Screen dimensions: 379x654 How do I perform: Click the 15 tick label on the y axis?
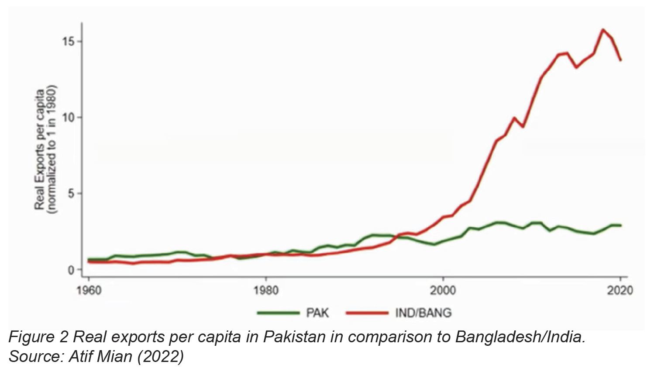coord(69,42)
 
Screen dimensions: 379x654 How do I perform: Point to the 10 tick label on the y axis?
coord(69,118)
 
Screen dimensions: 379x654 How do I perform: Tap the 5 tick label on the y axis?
coord(72,194)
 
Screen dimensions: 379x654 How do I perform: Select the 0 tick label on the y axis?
coord(72,270)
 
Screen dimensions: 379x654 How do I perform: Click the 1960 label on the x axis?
coord(89,291)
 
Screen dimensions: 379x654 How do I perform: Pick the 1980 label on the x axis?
coord(266,291)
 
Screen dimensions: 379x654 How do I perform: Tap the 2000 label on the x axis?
coord(443,291)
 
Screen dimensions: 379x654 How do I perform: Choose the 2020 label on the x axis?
coord(620,291)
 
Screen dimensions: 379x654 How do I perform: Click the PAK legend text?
coord(317,313)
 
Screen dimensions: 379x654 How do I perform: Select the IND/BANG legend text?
coord(423,313)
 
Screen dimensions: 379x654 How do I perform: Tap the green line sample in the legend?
coord(278,313)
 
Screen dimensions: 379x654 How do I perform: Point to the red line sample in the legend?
coord(367,313)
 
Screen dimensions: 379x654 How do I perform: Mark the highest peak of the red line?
coord(603,30)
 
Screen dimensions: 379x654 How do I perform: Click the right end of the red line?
coord(620,60)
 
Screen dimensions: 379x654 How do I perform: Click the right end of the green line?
coord(620,226)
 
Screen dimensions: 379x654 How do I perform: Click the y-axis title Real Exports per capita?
coord(40,150)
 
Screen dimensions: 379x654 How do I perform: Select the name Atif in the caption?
coord(83,357)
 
